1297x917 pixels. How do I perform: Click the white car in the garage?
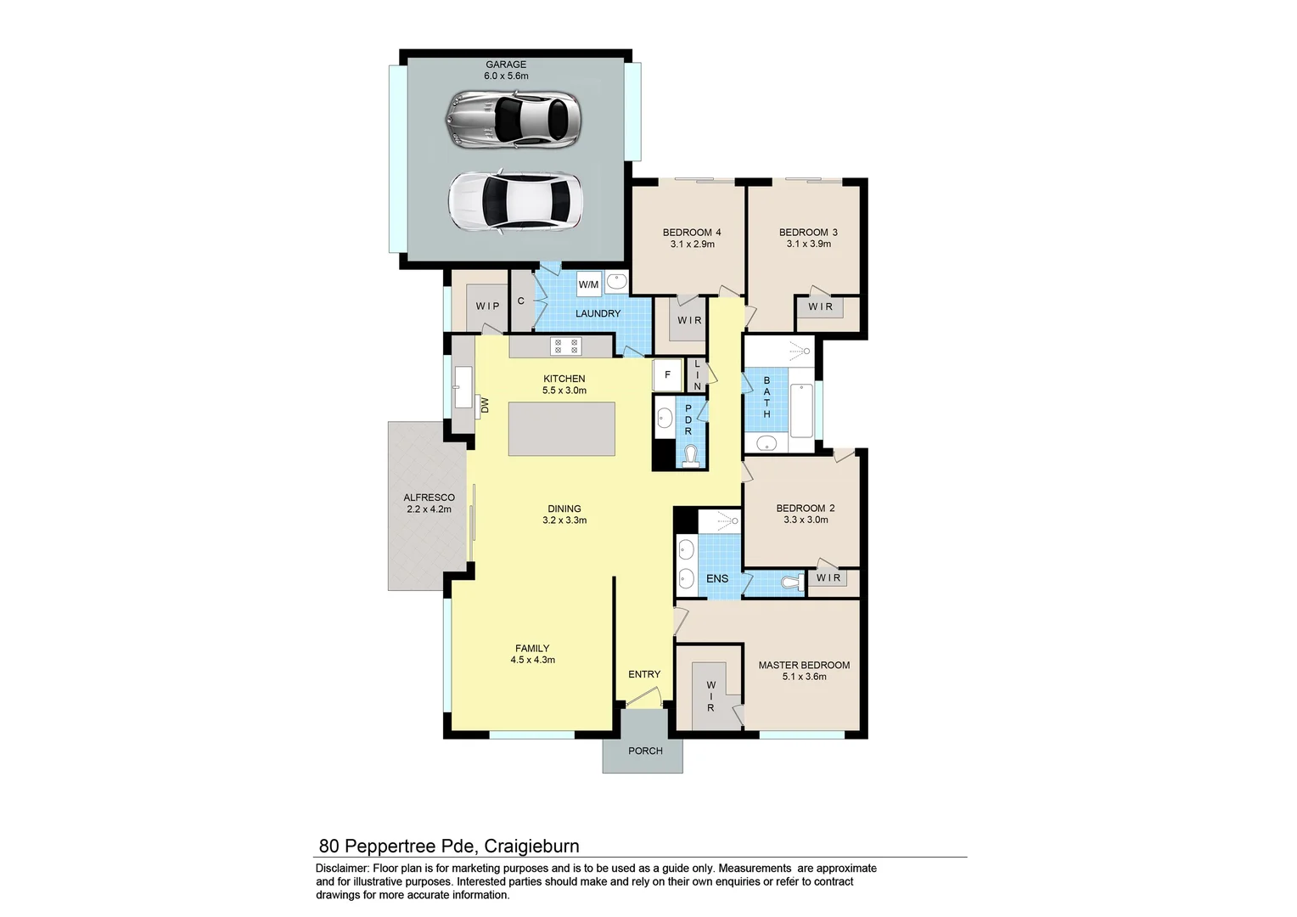[x=515, y=201]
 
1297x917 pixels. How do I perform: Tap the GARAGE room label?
[x=506, y=65]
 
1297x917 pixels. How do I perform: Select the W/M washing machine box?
[x=588, y=284]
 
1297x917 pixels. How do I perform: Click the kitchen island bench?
[x=562, y=429]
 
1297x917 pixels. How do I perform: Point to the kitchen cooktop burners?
[x=566, y=346]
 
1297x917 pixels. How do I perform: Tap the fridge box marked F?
[x=667, y=374]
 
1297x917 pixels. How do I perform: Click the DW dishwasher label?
[x=486, y=405]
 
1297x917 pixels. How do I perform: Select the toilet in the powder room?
[x=692, y=456]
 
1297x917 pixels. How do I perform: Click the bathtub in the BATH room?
[x=800, y=410]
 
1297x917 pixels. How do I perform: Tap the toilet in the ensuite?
[x=791, y=583]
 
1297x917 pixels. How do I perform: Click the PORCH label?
[x=645, y=751]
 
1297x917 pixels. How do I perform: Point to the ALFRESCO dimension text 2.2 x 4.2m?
[x=429, y=509]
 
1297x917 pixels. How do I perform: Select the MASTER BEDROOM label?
[x=804, y=665]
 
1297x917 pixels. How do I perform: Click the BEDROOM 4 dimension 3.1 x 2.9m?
[x=692, y=245]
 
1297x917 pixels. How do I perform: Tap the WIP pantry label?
[x=487, y=307]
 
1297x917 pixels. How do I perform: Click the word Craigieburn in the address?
[x=531, y=846]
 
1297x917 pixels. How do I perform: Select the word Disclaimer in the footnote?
[x=342, y=869]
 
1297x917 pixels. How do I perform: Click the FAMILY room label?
[x=532, y=648]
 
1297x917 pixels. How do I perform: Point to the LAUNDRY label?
[x=598, y=313]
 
